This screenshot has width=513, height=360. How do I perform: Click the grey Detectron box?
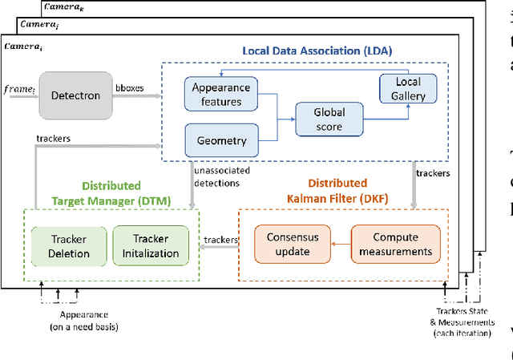[76, 95]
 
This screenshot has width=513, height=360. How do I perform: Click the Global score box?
[329, 120]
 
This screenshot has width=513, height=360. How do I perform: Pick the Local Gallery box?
[409, 89]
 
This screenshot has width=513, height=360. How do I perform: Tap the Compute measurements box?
[396, 244]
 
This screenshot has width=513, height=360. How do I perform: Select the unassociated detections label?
[224, 176]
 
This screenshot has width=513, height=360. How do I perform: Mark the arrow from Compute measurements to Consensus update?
[340, 245]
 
